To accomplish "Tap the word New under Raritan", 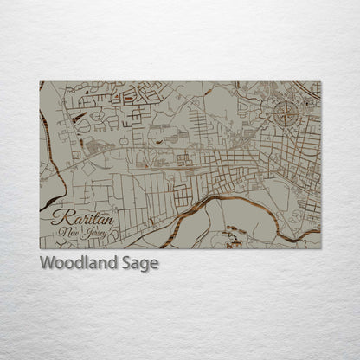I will [67, 232].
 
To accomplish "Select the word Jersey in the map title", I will [87, 233].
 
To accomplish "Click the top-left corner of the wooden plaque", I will [40, 82].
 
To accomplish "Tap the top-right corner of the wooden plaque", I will [320, 82].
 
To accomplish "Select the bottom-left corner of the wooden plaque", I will [40, 248].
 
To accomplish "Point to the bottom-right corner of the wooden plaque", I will [320, 248].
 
